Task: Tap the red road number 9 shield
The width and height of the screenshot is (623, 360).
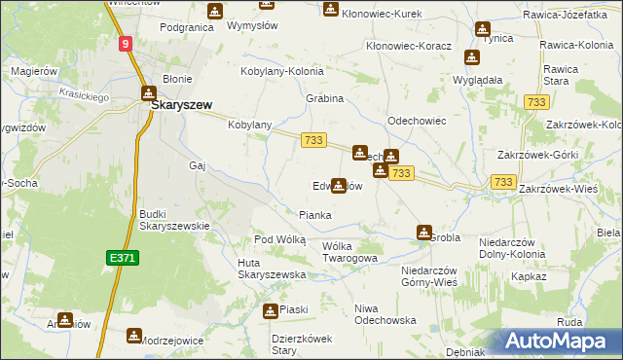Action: point(127,44)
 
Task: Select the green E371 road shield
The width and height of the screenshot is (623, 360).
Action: point(122,257)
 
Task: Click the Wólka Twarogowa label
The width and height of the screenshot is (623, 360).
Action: point(349,252)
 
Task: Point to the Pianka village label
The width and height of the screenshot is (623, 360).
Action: point(314,215)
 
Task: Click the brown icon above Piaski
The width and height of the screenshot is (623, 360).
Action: point(270,310)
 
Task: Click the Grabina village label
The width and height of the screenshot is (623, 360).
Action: point(326,98)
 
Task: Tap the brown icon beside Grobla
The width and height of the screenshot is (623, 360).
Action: point(424,233)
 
